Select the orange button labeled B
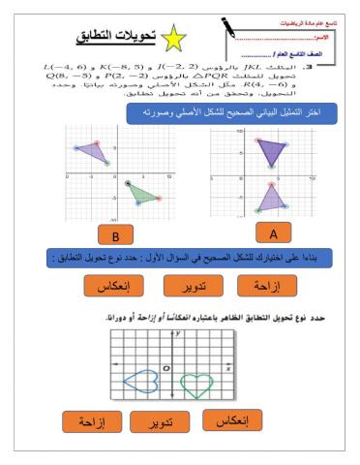[117, 235]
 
